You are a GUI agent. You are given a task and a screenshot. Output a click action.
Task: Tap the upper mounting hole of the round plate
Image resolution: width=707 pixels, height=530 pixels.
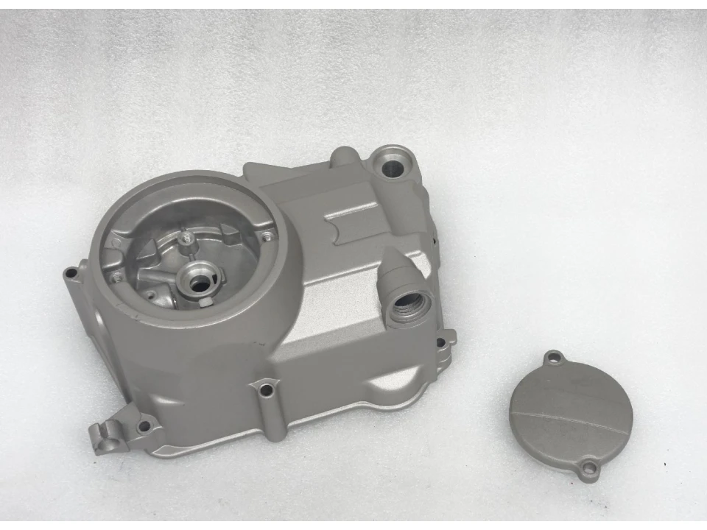555,358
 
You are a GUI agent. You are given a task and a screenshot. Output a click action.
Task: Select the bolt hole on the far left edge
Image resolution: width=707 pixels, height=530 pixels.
71,273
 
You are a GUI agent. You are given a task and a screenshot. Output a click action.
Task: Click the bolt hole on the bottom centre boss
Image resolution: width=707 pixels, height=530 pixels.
265,389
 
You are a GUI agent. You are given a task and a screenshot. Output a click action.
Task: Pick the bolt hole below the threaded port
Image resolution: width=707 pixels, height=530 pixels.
440,342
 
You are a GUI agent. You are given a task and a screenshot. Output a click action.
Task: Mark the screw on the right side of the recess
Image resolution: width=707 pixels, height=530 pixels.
266,236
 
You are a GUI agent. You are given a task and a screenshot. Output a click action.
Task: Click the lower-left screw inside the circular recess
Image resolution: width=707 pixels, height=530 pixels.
116,278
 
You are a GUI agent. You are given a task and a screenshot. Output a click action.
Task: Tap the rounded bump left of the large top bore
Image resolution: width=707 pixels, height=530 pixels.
342,156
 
